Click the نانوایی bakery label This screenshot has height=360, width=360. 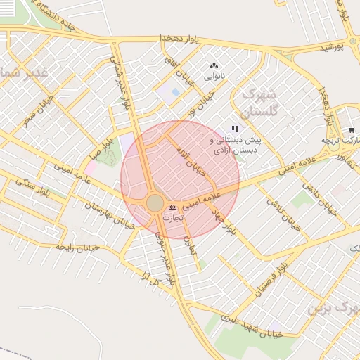(213, 74)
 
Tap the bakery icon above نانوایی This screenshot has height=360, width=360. (213, 65)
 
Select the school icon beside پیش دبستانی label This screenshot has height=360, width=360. (236, 129)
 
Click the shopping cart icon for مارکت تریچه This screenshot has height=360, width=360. (351, 130)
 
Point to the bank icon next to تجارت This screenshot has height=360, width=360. (173, 207)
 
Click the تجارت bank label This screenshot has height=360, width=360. (172, 217)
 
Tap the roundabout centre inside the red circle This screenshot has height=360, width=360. (155, 203)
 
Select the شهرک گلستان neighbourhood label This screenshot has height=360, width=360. (259, 103)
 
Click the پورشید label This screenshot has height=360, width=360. (330, 46)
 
